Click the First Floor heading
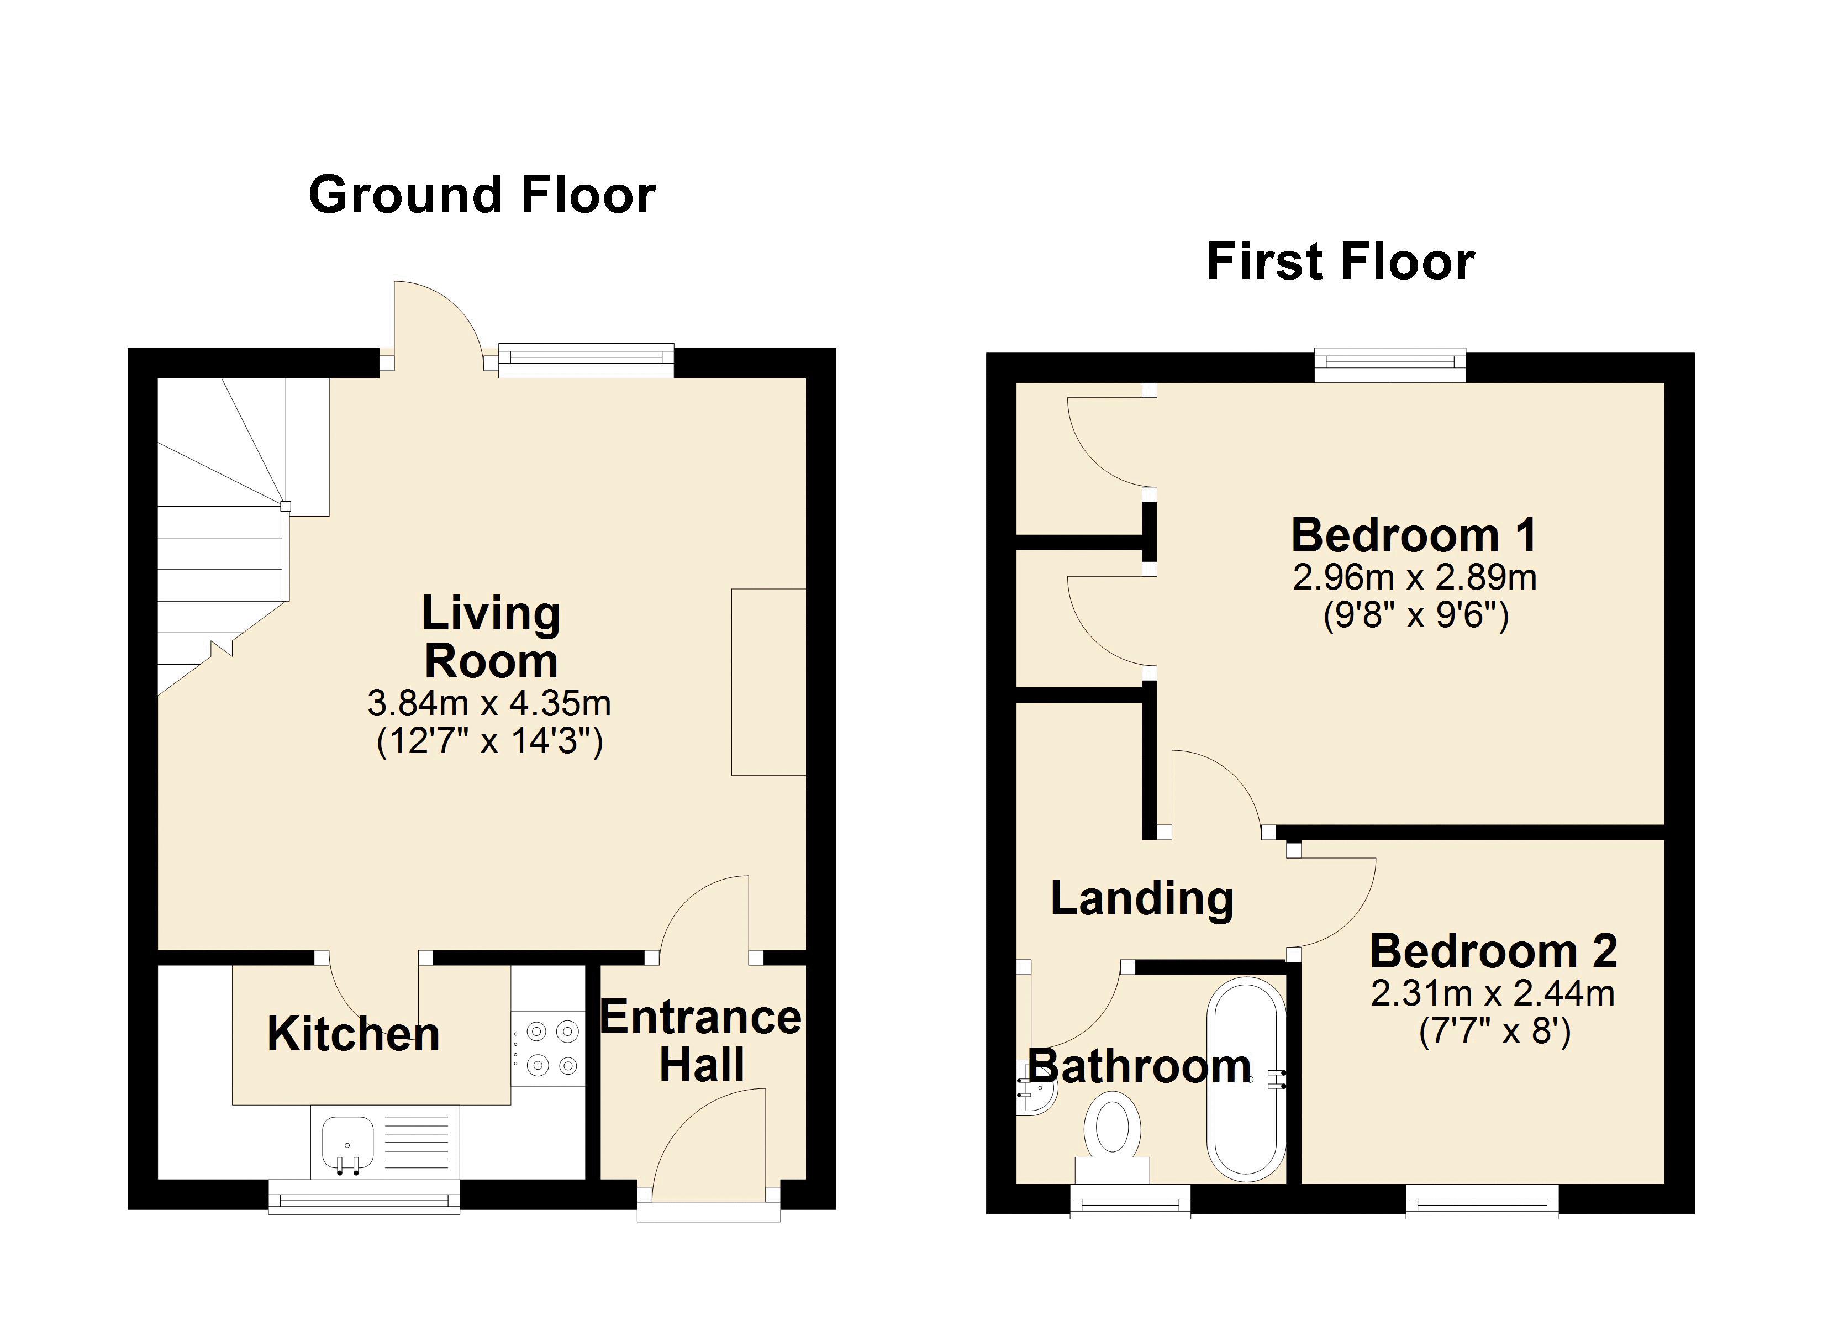pos(1341,262)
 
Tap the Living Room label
pos(491,637)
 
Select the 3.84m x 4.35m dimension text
pos(489,703)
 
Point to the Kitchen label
pos(354,1034)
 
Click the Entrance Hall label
pos(701,1041)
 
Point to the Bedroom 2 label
pos(1493,951)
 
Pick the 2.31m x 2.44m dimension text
pos(1493,994)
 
